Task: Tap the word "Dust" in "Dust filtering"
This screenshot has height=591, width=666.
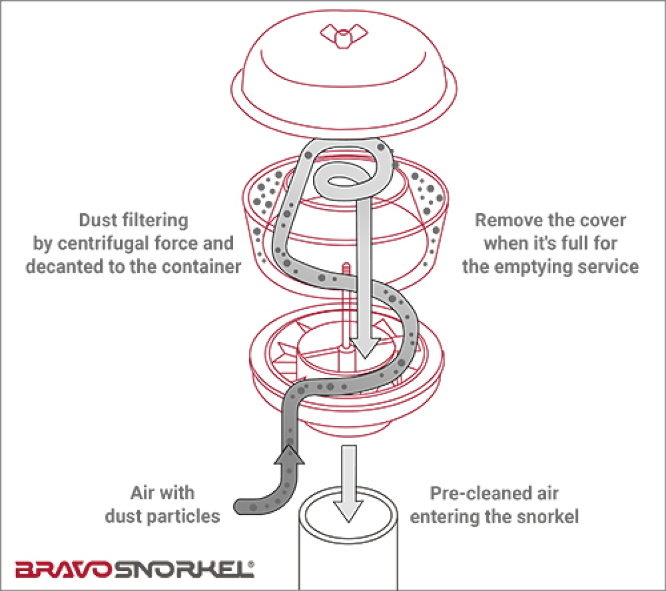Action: [97, 220]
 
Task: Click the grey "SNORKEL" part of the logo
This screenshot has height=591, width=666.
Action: [183, 569]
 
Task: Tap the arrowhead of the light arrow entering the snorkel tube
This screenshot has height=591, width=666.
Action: [348, 509]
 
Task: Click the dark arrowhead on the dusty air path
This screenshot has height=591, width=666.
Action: [289, 454]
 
